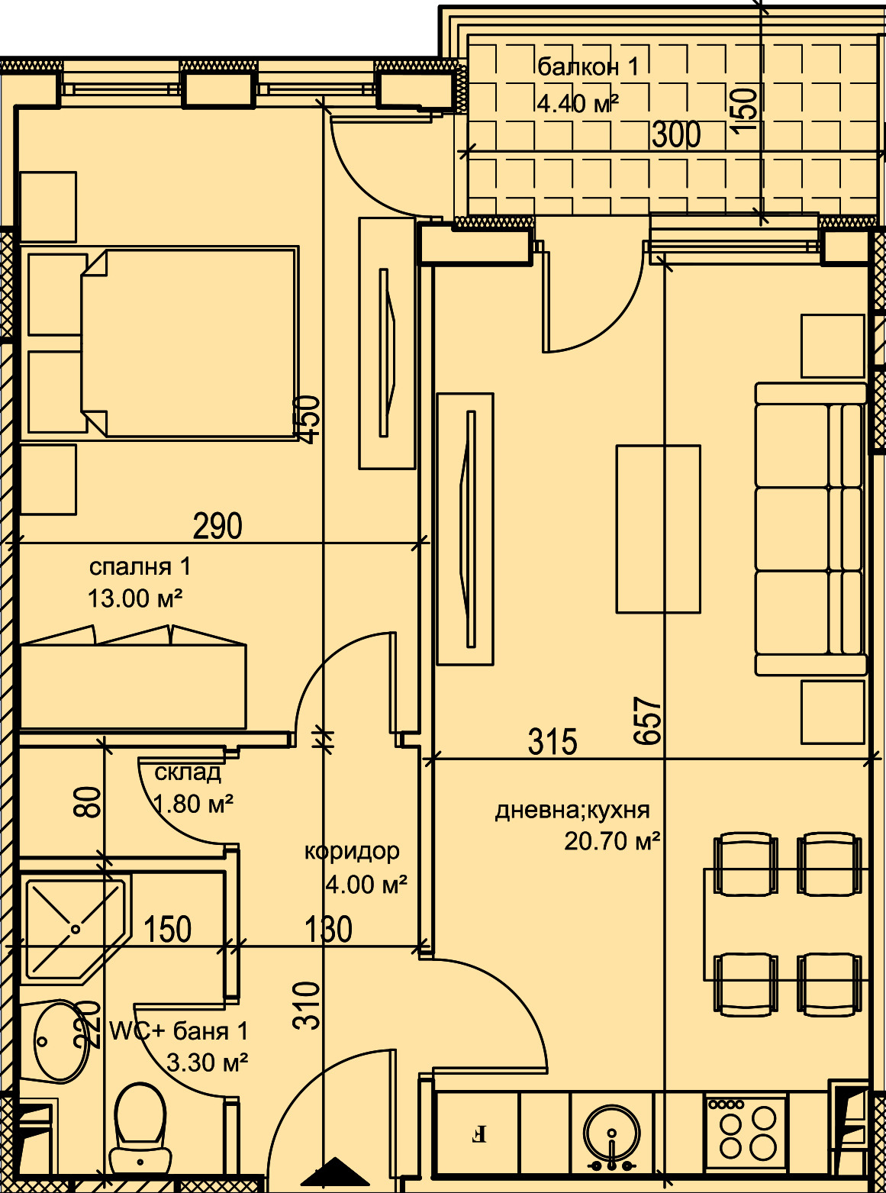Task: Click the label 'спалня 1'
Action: (140, 567)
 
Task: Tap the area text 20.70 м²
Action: (611, 842)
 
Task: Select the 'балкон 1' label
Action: (588, 67)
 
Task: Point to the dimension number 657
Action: (647, 721)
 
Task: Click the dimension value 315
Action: (553, 741)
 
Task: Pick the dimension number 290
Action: (217, 526)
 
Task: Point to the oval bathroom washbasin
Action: (61, 1041)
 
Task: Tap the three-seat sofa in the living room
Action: (810, 529)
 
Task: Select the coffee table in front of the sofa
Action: (658, 529)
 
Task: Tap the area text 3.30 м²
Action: (207, 1062)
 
